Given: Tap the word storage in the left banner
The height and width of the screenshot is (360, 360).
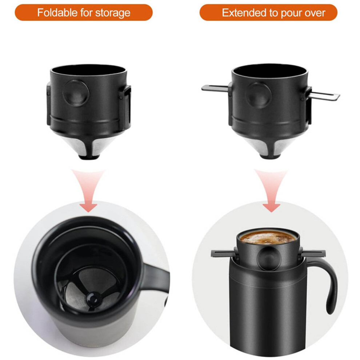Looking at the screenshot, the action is tap(113, 13).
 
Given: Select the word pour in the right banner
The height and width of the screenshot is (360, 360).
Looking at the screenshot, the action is tap(289, 13).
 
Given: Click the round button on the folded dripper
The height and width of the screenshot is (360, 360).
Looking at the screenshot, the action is tap(76, 93).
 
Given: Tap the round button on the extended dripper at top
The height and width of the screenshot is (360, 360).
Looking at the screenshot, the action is tap(258, 96).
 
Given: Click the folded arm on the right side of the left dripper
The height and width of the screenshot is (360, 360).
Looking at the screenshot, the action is tap(127, 104).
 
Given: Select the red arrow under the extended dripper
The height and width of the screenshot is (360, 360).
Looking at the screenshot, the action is tap(271, 190).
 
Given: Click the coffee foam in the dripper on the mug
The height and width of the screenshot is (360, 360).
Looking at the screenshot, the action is tap(268, 238).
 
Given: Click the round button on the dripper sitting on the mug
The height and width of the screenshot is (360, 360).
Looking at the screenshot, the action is tap(269, 259).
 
